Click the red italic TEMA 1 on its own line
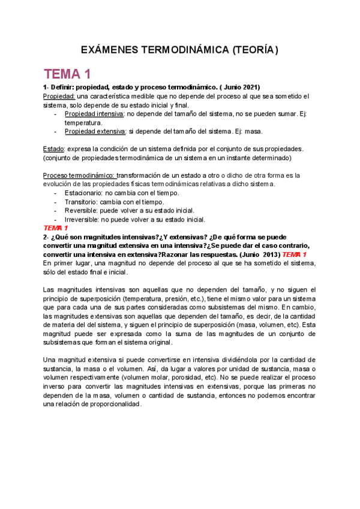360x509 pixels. (56, 229)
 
